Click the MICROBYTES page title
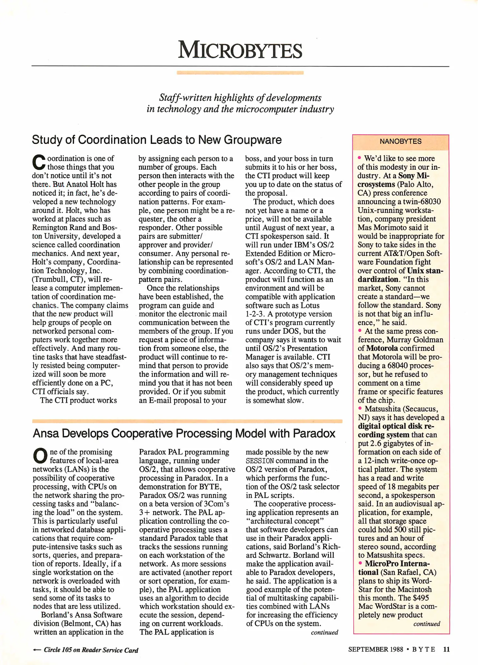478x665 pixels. click(x=240, y=50)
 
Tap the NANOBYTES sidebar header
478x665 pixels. click(x=400, y=141)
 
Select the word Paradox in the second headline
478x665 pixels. click(x=314, y=433)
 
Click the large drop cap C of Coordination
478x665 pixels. click(x=39, y=162)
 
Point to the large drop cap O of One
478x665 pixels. click(x=40, y=456)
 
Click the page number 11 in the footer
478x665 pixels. click(x=446, y=649)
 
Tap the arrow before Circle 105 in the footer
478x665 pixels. click(x=37, y=650)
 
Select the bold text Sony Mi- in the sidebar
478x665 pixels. click(x=414, y=176)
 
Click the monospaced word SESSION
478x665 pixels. click(x=259, y=461)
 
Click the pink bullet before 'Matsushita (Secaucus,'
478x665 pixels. click(x=360, y=408)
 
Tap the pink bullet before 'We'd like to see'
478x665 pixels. click(x=359, y=158)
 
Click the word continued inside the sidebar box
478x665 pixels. click(x=427, y=624)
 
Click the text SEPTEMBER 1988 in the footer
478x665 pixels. click(x=375, y=649)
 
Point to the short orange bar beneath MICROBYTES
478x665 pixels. click(x=240, y=73)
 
